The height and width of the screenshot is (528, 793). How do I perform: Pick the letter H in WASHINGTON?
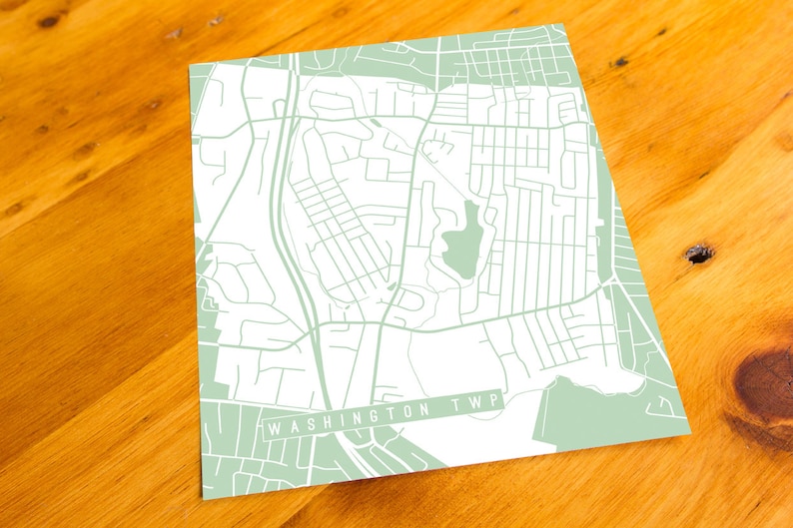pyautogui.click(x=322, y=421)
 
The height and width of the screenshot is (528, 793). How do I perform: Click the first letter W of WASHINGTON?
pyautogui.click(x=273, y=429)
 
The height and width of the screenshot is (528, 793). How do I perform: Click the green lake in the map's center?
pyautogui.click(x=460, y=243)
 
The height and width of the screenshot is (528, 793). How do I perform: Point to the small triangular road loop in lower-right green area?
pyautogui.click(x=660, y=405)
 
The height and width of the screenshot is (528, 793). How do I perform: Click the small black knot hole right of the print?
pyautogui.click(x=699, y=254)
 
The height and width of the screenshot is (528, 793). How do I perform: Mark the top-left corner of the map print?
pyautogui.click(x=190, y=67)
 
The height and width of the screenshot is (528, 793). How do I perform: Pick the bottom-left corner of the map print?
pyautogui.click(x=205, y=497)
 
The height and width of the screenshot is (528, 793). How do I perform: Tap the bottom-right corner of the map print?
pyautogui.click(x=690, y=435)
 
